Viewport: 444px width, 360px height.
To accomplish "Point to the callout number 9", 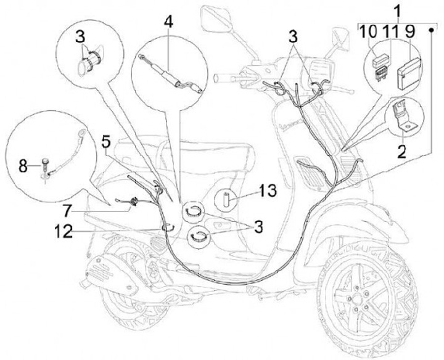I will point(410,30).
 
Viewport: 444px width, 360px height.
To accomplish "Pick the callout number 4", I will point(169,23).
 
